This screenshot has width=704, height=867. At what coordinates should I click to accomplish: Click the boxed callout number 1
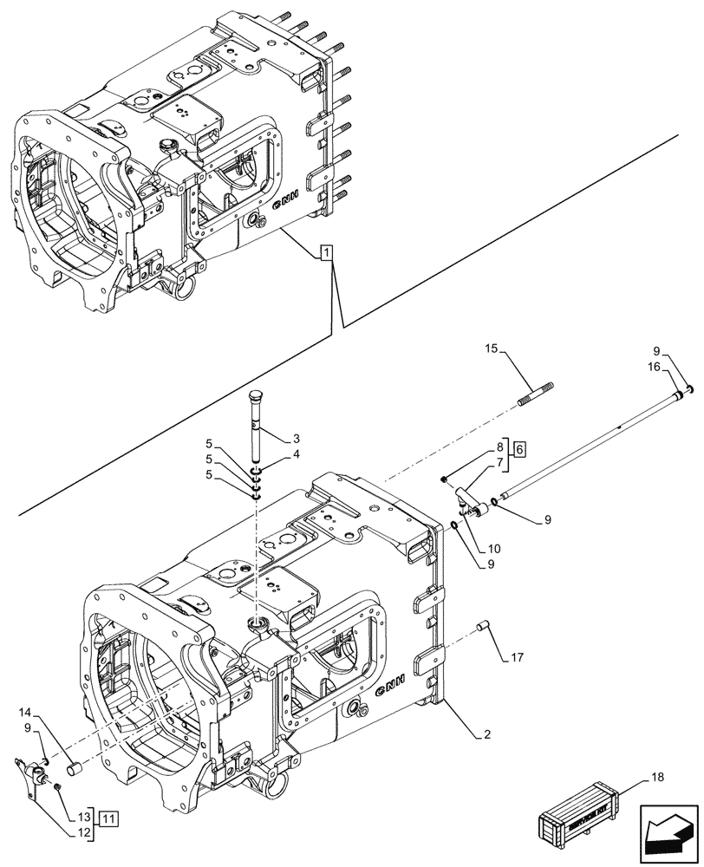[324, 253]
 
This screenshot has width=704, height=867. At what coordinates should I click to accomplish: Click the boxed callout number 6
[519, 449]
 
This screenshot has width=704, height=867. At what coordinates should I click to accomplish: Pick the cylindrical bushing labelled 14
[75, 766]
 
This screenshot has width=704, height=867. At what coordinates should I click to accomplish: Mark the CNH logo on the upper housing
[286, 202]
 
